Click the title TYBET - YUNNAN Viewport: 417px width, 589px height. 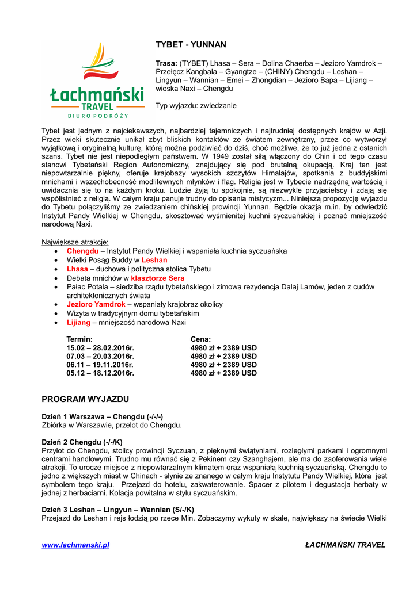coord(191,44)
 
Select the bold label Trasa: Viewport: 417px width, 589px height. coord(166,63)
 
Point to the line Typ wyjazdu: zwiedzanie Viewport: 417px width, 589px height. coord(196,106)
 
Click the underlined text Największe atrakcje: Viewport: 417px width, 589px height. coord(75,242)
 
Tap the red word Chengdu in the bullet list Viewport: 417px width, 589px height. coord(82,251)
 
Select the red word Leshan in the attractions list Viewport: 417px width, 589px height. coord(154,260)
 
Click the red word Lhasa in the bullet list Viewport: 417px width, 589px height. coord(77,269)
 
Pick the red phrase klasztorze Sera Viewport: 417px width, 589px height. coord(157,278)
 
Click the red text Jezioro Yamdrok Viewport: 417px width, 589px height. coord(96,304)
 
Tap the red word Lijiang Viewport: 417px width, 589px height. coord(78,322)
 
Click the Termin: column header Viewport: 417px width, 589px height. coord(79,339)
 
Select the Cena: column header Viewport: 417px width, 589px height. coord(200,339)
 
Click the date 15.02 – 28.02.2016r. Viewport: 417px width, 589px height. coord(100,348)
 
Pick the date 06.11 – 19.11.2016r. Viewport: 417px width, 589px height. coord(100,365)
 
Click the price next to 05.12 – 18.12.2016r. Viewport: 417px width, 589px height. coord(223,373)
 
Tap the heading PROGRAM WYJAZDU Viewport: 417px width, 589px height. coord(85,399)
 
